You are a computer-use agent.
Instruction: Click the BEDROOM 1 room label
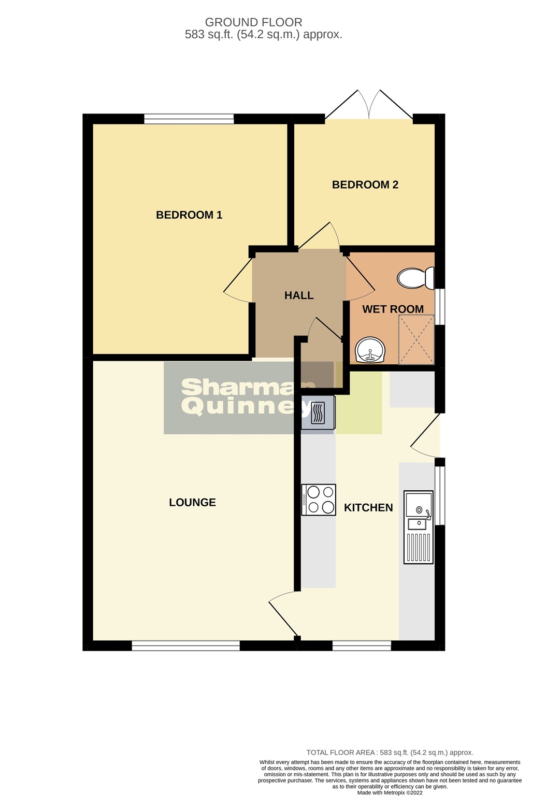189,215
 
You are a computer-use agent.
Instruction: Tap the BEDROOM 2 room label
365,184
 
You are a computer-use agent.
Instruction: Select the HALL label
299,295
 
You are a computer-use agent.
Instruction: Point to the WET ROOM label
393,309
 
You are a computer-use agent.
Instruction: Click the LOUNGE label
192,502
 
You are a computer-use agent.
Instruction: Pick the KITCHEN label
368,507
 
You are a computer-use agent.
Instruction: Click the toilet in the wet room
416,278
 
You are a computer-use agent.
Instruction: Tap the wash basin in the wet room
370,350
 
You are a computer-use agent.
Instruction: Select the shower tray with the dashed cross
416,339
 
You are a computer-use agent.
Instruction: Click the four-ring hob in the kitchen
319,500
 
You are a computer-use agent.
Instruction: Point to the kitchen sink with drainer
419,527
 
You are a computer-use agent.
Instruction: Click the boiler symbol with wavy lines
318,413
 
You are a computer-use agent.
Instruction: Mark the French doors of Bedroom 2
369,106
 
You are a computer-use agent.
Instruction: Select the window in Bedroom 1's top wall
189,119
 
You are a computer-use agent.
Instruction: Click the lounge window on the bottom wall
185,645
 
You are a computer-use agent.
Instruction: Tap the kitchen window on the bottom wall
362,645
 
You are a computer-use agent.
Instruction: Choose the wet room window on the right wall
440,306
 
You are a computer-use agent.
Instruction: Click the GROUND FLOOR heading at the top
253,22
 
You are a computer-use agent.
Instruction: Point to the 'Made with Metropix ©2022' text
390,792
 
